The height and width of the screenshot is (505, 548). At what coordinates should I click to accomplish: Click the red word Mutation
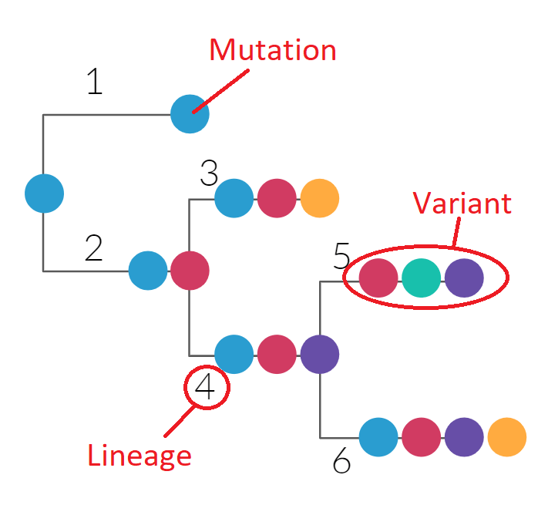pos(273,50)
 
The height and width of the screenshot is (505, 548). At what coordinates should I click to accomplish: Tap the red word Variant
pos(462,203)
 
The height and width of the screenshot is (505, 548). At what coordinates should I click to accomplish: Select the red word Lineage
pos(139,456)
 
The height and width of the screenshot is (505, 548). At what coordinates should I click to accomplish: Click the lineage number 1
pos(94,82)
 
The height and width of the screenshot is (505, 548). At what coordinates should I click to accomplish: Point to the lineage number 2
pos(93,248)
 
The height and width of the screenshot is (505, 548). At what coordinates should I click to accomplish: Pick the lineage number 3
pos(209,174)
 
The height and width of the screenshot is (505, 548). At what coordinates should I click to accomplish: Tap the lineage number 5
pos(341,257)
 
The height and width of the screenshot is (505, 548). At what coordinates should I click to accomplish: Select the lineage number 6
pos(341,461)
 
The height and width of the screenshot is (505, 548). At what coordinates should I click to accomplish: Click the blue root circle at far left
pos(44,193)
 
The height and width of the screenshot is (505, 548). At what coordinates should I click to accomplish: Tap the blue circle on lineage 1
pos(190,114)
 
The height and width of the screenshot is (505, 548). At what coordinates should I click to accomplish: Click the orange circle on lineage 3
pos(319,198)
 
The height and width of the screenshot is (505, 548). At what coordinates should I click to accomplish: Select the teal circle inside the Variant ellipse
pos(421,278)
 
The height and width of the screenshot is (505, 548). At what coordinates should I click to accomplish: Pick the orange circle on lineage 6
pos(506,437)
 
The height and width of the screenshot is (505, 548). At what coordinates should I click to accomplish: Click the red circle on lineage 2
pos(190,271)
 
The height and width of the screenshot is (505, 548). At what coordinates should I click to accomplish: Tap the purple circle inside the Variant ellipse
pos(464,278)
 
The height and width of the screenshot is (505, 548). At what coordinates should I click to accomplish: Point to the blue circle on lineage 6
pos(378,437)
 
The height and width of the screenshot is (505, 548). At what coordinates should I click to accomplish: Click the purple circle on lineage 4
pos(319,354)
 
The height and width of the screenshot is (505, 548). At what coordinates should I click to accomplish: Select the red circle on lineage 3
pos(277,198)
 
